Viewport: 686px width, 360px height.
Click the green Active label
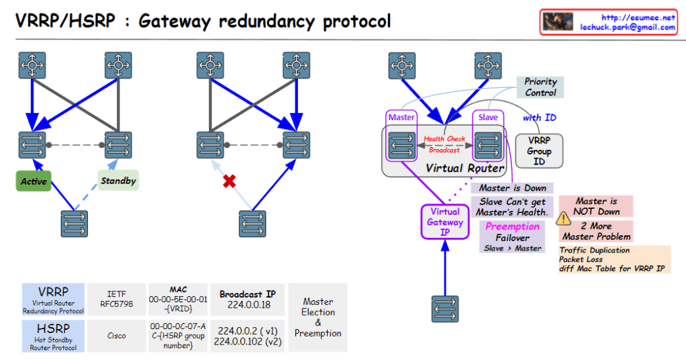pyautogui.click(x=34, y=181)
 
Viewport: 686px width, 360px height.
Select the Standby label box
pyautogui.click(x=118, y=181)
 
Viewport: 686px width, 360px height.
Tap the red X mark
pyautogui.click(x=230, y=181)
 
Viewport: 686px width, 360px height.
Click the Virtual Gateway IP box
pyautogui.click(x=444, y=222)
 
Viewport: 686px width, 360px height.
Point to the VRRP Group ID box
pyautogui.click(x=539, y=152)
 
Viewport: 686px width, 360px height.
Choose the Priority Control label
pyautogui.click(x=540, y=87)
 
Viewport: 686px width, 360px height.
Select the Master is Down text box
pyautogui.click(x=513, y=188)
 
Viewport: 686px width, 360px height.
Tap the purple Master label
pyautogui.click(x=402, y=117)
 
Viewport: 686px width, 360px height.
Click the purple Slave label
pyautogui.click(x=488, y=117)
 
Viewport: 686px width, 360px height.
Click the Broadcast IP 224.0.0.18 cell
pyautogui.click(x=247, y=299)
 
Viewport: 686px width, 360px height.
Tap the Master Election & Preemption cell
pyautogui.click(x=317, y=317)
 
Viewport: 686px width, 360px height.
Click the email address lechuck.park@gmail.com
pyautogui.click(x=628, y=28)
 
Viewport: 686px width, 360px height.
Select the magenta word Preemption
pyautogui.click(x=512, y=226)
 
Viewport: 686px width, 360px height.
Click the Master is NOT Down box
pyautogui.click(x=595, y=206)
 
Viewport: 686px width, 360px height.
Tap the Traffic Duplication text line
pyautogui.click(x=595, y=250)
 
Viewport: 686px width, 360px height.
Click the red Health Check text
pyautogui.click(x=444, y=139)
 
